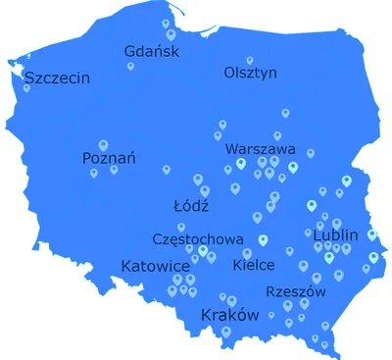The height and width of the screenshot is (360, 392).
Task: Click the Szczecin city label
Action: (x=57, y=77)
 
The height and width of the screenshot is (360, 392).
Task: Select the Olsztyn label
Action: (x=251, y=73)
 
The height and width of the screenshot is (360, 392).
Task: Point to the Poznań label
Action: (x=110, y=158)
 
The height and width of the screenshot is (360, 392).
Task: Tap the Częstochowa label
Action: (x=198, y=238)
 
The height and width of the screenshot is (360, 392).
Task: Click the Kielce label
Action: (x=254, y=265)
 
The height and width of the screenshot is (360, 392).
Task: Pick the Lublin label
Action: (x=336, y=235)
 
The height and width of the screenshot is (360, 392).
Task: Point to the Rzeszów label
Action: (x=295, y=291)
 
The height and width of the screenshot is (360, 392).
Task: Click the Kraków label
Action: (x=228, y=315)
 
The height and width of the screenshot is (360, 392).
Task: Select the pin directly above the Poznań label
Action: (x=102, y=144)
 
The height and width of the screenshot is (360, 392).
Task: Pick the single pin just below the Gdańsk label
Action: (x=130, y=67)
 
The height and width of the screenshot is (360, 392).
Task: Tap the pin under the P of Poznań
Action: (x=94, y=173)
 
